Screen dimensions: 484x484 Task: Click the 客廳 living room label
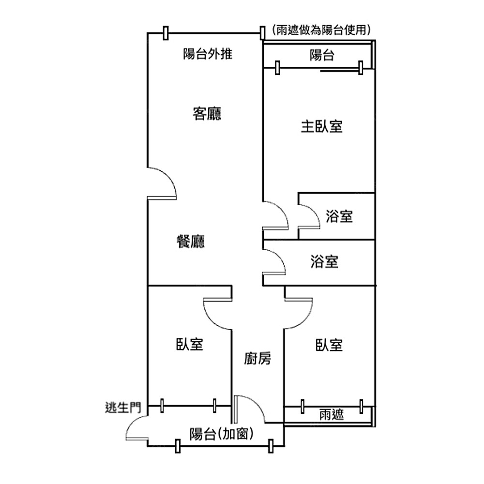207,114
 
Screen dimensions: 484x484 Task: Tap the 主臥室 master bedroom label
322,127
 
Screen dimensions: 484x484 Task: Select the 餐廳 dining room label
191,241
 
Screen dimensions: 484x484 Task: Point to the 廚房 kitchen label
257,359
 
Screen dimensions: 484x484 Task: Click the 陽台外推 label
208,54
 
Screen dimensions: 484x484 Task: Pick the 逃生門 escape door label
122,408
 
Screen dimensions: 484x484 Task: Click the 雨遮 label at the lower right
332,415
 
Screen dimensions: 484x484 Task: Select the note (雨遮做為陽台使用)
321,30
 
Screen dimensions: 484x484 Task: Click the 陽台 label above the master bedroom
322,55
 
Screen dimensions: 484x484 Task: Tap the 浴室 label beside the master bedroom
339,216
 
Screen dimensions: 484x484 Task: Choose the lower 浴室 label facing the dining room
324,262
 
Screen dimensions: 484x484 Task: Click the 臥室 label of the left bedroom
189,345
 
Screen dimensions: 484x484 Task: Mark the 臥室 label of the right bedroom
329,345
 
